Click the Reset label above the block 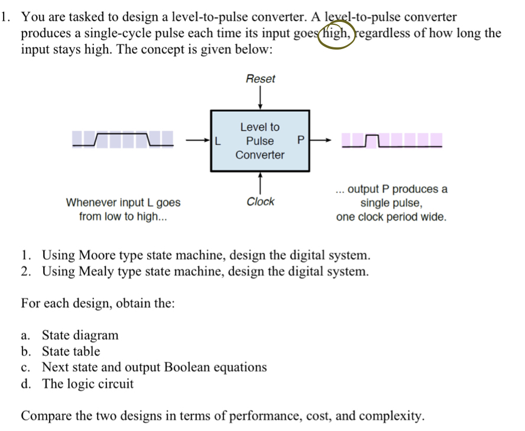point(260,79)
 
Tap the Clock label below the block point(260,202)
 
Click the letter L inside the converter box point(218,141)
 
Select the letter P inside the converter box point(300,141)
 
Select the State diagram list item point(80,335)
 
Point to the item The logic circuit point(87,383)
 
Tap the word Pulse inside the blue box point(260,141)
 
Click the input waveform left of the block point(123,140)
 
